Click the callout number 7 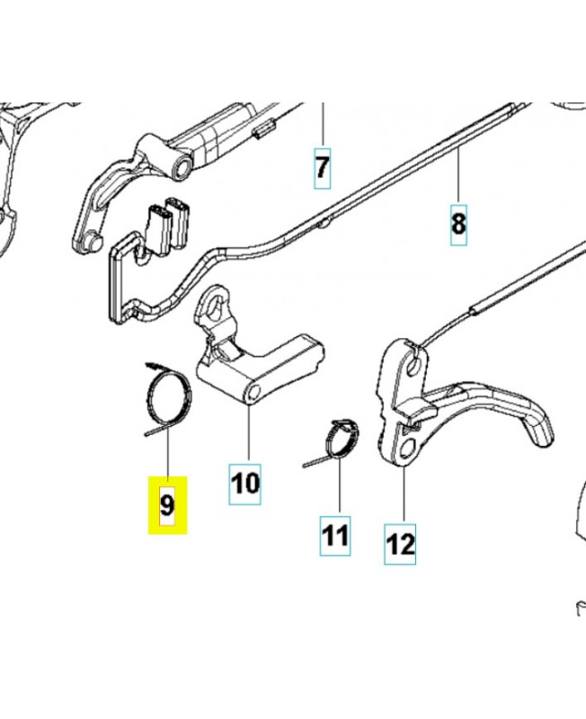323,168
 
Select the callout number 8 458,225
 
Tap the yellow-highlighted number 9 167,505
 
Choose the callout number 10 245,484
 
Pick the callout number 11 335,536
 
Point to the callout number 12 400,545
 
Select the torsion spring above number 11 337,441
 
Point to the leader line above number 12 404,494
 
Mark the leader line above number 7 323,125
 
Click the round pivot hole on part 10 253,393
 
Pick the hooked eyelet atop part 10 217,306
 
